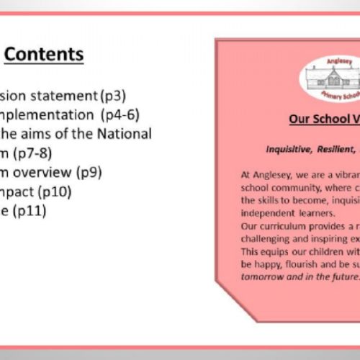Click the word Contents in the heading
point(48,55)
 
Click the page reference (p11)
point(30,211)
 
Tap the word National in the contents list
point(125,134)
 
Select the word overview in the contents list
point(61,172)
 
